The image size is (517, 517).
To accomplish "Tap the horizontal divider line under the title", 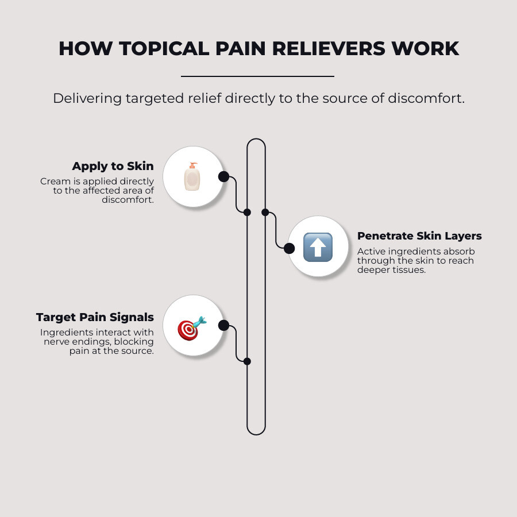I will point(257,76).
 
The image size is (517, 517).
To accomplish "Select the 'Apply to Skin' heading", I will point(113,166).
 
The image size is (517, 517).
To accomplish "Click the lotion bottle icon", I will point(192,176).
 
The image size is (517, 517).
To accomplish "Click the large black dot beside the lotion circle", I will point(223,176).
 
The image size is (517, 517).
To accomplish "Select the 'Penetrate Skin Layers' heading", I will point(419,236).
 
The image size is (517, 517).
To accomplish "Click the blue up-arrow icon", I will point(318,248).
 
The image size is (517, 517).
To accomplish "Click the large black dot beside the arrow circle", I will point(290,248).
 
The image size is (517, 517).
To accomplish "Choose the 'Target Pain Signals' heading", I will point(95,317).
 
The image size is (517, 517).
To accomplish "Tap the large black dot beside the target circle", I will point(223,326).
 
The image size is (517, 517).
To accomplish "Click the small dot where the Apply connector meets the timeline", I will point(247,212).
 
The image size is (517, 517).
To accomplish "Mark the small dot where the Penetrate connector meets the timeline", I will point(265,212).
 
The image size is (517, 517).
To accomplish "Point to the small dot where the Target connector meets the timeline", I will point(247,361).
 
